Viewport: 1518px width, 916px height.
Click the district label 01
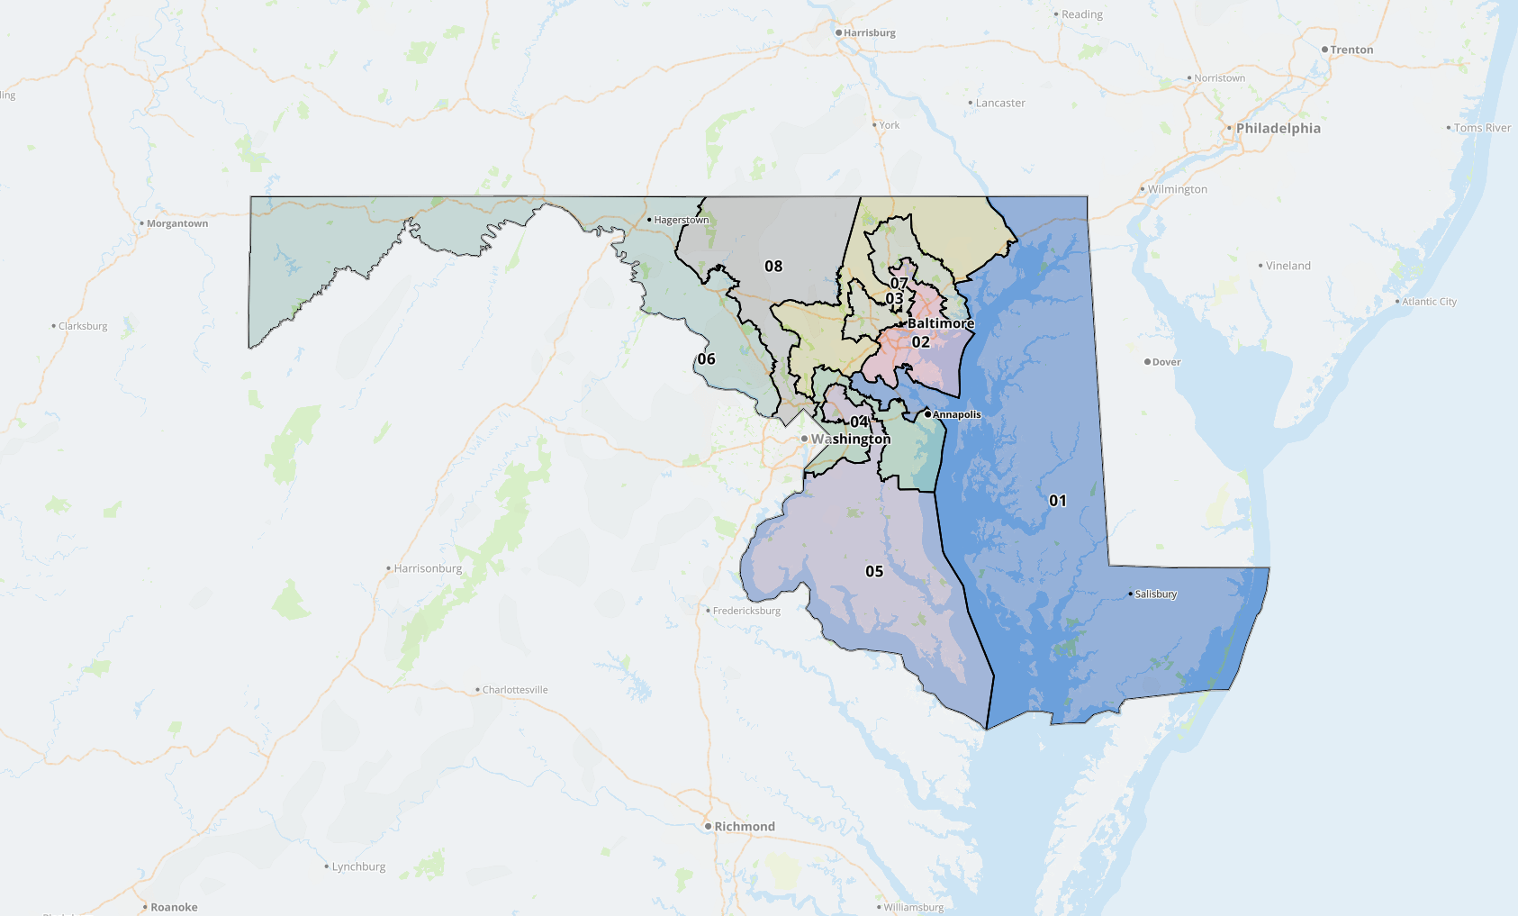[1057, 501]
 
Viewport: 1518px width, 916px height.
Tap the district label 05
[873, 571]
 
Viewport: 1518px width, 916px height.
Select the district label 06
[706, 358]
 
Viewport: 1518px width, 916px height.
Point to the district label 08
[773, 266]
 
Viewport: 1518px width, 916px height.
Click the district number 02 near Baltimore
[920, 342]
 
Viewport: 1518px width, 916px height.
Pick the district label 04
[859, 422]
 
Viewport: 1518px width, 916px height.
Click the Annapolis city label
[956, 414]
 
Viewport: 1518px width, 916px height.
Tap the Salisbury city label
[1155, 594]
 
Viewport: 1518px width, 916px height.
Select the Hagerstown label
[681, 220]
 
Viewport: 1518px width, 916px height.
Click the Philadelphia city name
[1278, 128]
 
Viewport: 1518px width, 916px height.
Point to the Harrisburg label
[869, 32]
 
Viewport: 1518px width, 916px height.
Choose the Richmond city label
[744, 826]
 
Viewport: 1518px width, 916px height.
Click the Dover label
[1166, 362]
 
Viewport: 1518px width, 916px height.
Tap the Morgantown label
[176, 223]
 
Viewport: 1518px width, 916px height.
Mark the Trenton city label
[1351, 50]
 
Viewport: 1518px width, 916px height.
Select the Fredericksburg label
[746, 611]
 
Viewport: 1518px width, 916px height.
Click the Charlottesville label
[514, 690]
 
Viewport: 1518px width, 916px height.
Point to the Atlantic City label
[1429, 302]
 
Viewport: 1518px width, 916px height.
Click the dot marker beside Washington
[804, 439]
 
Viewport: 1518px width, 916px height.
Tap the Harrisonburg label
[428, 568]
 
